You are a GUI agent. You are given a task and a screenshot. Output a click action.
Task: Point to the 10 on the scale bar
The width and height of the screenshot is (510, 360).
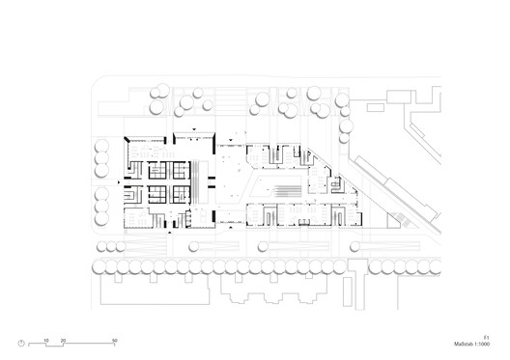coord(45,341)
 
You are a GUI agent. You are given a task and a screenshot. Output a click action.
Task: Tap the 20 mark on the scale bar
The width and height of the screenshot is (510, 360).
coord(63,341)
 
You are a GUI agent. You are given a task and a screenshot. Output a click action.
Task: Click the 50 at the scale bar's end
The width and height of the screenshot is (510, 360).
coord(114,341)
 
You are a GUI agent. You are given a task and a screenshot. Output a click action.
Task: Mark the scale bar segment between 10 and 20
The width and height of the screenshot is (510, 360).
coord(54,346)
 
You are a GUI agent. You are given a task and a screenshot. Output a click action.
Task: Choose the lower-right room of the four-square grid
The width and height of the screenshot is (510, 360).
coord(181,193)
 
